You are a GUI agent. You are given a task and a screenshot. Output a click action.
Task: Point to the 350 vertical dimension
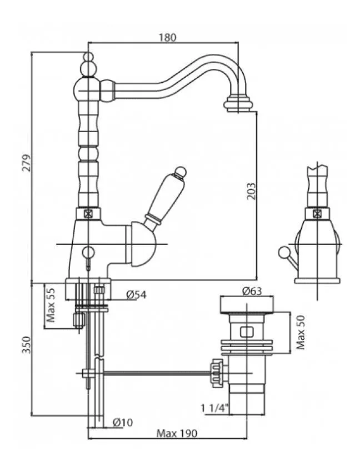(x=25, y=346)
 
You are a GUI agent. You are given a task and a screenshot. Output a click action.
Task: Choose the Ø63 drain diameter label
(x=252, y=290)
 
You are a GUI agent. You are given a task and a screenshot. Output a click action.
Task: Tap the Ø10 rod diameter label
(x=122, y=422)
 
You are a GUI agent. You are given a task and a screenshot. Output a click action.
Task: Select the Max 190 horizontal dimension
(x=176, y=433)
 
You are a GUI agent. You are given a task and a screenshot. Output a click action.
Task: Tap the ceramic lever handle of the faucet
(x=166, y=194)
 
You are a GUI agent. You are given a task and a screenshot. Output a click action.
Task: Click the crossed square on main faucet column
(x=87, y=213)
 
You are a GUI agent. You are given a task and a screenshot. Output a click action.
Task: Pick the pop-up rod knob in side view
(x=284, y=252)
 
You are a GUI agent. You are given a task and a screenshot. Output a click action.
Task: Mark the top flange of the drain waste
(x=245, y=304)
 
